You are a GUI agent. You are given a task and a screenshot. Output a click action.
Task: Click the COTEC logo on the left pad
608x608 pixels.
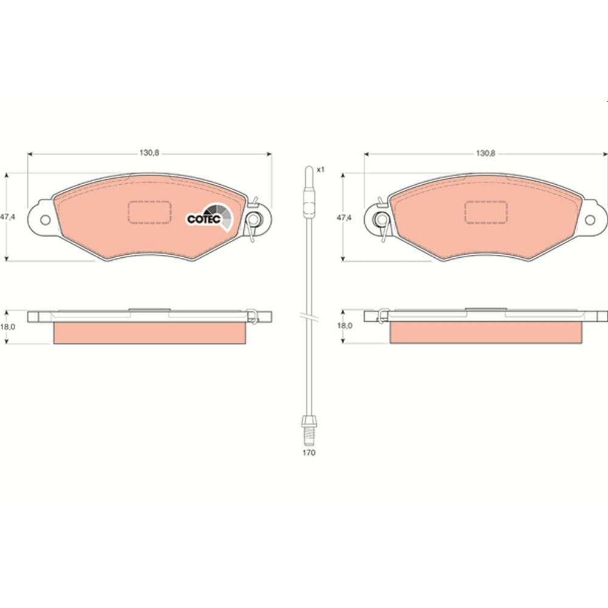click(x=210, y=218)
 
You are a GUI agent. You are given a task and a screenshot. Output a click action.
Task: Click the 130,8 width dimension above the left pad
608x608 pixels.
click(x=150, y=153)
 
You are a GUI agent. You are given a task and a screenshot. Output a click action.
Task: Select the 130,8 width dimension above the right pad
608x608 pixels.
click(x=485, y=153)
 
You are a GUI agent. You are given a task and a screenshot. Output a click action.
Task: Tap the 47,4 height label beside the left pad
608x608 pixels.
click(x=8, y=217)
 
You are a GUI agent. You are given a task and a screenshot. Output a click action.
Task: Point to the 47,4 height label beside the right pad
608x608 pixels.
click(x=344, y=218)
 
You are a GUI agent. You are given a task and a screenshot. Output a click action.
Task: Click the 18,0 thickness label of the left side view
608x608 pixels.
click(x=8, y=326)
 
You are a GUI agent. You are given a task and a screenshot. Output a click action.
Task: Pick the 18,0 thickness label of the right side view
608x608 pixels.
click(x=344, y=326)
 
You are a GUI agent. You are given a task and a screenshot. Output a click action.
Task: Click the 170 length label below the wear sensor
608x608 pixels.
click(x=309, y=452)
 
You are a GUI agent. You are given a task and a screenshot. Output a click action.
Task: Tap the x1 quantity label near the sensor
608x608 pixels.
click(x=320, y=170)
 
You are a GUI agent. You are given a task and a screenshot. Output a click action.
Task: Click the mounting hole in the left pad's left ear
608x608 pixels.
click(x=46, y=220)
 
